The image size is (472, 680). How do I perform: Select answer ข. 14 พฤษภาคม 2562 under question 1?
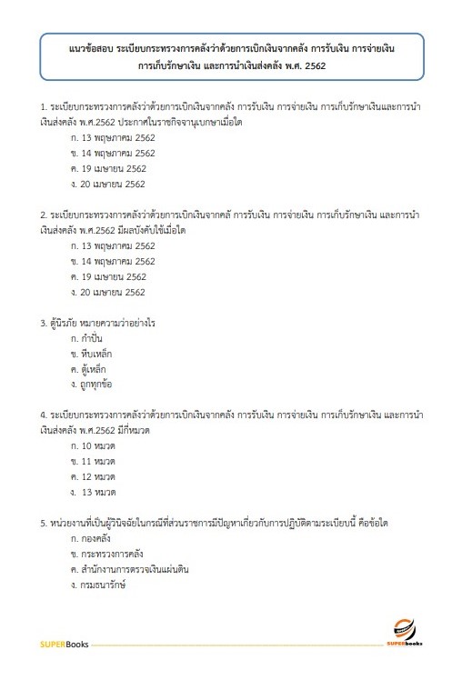105,152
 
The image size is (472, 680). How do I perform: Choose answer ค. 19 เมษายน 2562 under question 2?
102,276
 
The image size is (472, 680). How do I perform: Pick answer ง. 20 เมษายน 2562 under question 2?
102,292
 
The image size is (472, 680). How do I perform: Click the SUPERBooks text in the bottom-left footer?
58,645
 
